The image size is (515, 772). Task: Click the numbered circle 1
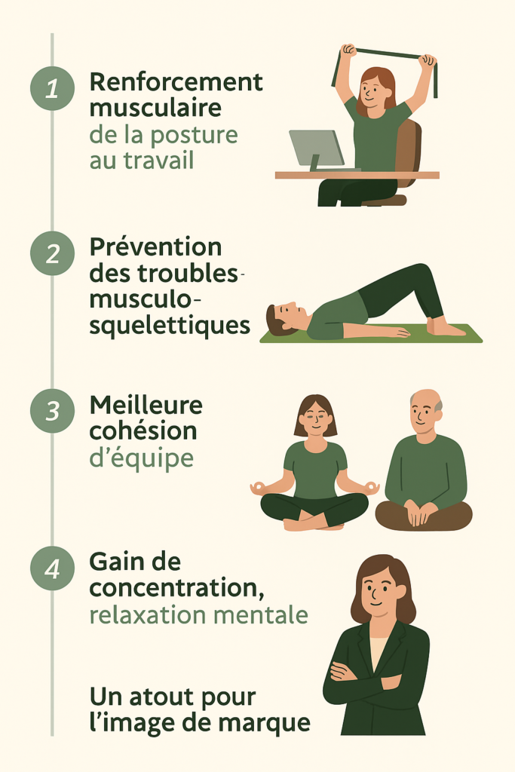53,89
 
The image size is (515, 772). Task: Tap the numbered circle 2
53,253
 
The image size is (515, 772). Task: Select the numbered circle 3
53,411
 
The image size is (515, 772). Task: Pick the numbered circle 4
53,568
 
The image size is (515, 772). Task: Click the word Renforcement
176,81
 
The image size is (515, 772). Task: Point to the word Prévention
155,247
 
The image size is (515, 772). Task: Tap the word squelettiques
170,326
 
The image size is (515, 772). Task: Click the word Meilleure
146,405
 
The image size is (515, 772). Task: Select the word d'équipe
142,458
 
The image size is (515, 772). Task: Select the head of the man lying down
287,319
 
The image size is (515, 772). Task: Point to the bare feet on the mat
445,328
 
